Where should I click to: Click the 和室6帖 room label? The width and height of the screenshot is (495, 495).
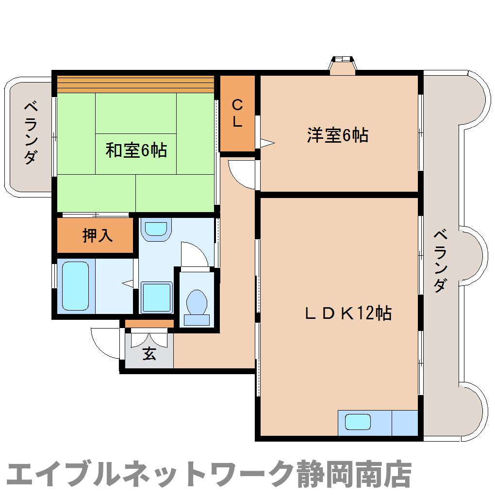[136, 150]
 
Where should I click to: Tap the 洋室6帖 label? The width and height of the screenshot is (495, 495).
[337, 135]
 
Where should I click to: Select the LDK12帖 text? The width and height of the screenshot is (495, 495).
[348, 313]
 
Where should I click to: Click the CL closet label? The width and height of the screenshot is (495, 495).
[237, 113]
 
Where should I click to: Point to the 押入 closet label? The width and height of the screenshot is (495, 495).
[97, 235]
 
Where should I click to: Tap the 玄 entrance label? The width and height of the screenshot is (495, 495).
[149, 354]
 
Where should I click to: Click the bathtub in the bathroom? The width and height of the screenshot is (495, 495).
[76, 286]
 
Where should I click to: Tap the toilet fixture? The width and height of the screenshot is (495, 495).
[197, 304]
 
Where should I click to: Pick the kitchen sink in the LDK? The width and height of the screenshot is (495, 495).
[358, 422]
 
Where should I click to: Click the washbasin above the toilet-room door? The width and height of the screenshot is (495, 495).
[156, 229]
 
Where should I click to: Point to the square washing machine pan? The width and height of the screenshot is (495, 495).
[156, 297]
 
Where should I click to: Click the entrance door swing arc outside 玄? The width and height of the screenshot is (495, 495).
[103, 342]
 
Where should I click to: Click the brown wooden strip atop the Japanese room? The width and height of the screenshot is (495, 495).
[135, 84]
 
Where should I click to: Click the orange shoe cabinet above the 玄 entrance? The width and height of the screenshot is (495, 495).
[149, 323]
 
